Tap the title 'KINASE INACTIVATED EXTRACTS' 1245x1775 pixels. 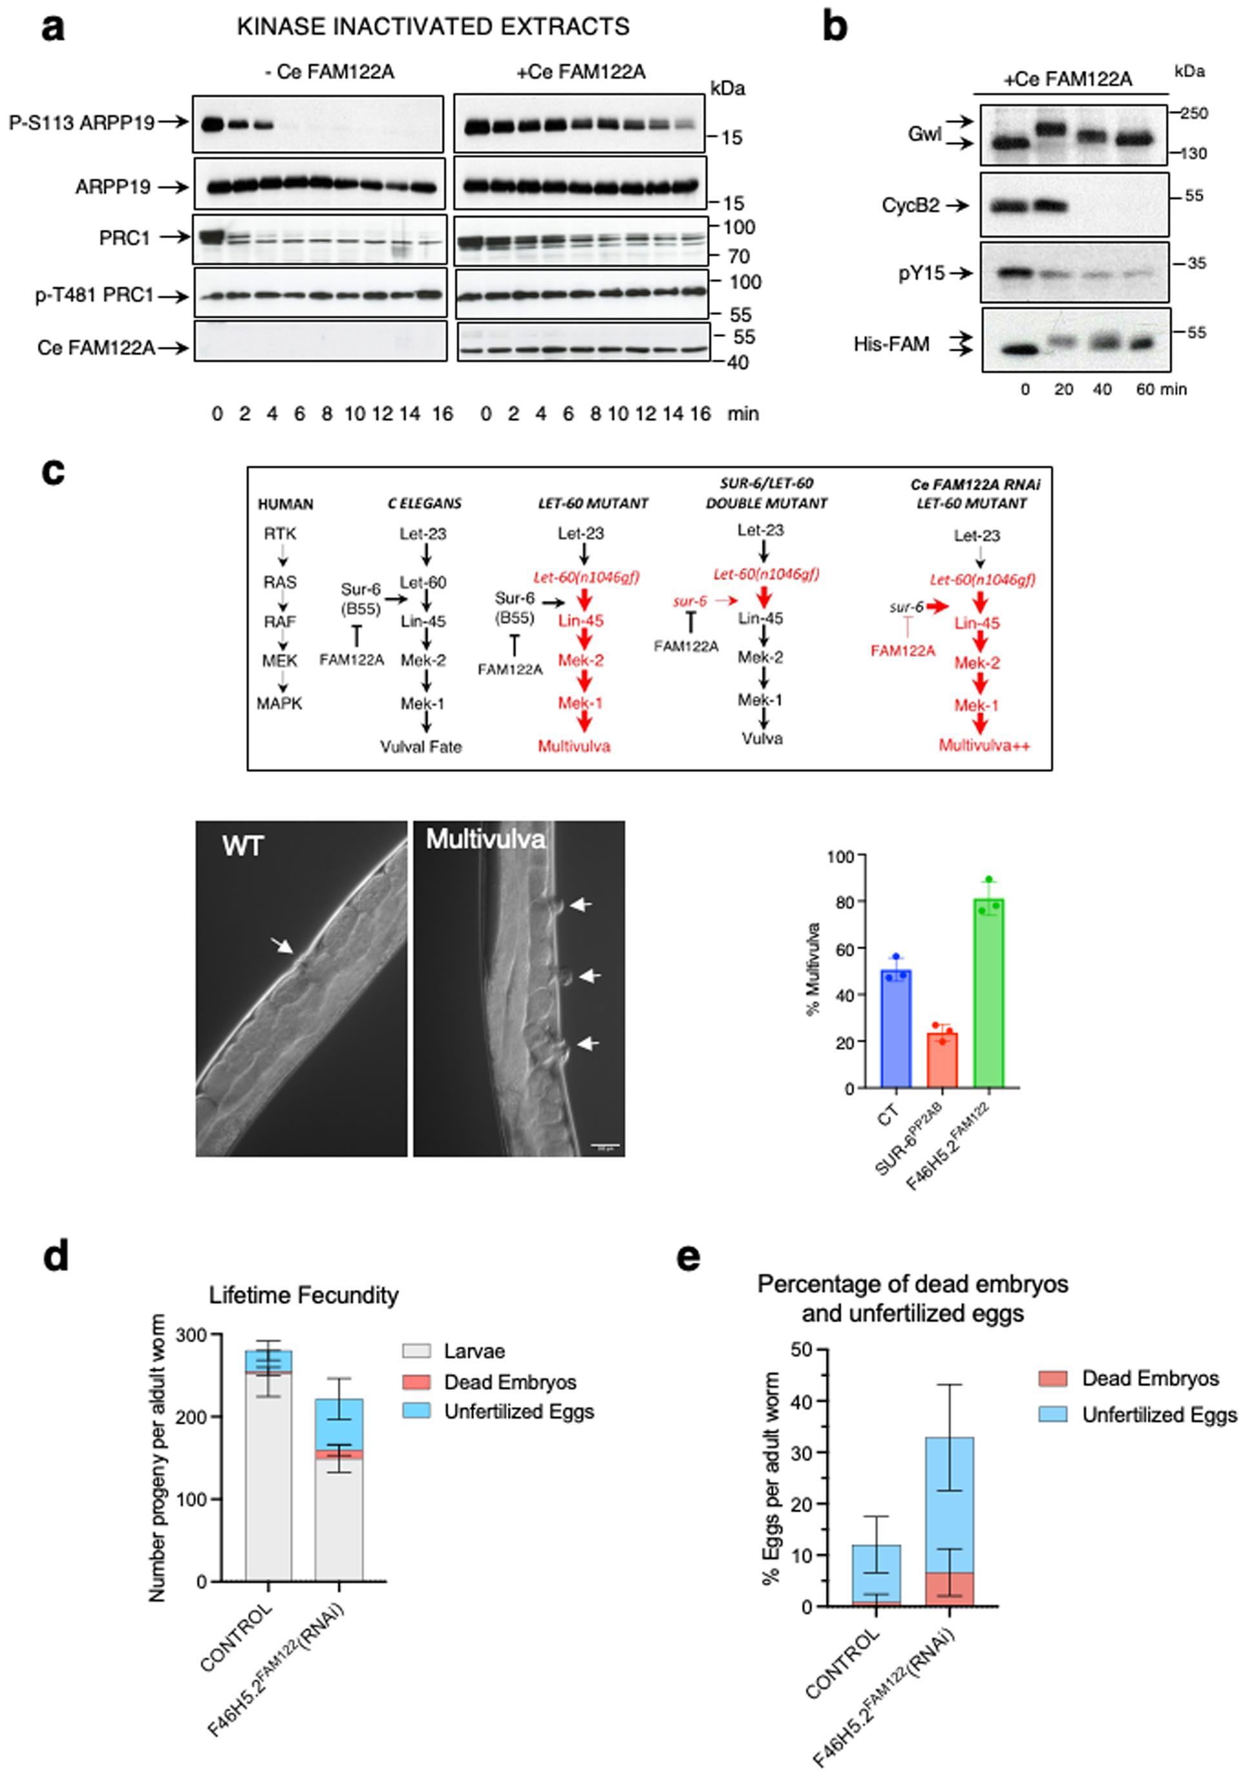(x=433, y=27)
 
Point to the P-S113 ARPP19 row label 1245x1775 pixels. (x=82, y=122)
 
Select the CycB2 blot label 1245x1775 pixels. (x=911, y=206)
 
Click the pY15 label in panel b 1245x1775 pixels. (x=921, y=273)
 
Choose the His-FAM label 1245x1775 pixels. (x=891, y=344)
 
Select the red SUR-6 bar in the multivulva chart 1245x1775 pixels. (x=942, y=1060)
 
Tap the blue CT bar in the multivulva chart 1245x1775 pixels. (x=896, y=1028)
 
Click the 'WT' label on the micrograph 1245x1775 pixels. (x=243, y=846)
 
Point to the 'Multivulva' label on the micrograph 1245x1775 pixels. (x=485, y=839)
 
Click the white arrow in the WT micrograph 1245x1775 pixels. (x=282, y=945)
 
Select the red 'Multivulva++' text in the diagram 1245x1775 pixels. (x=984, y=745)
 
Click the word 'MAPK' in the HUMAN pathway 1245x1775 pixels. (x=279, y=704)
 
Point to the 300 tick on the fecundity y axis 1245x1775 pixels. (x=192, y=1335)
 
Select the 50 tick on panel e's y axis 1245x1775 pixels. (x=802, y=1349)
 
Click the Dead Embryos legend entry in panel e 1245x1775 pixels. (x=1150, y=1379)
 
